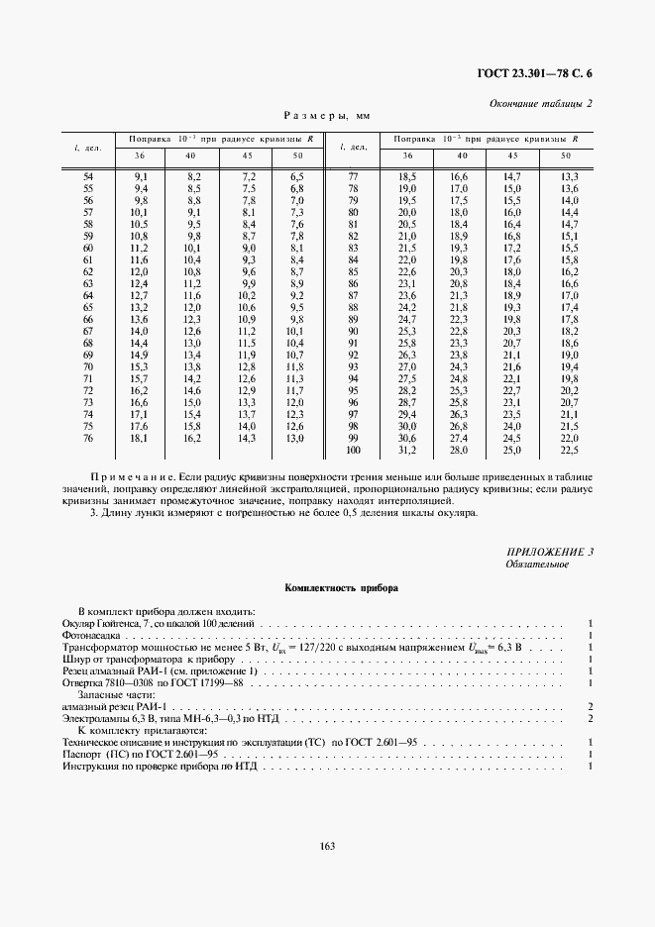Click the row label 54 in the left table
tap(87, 176)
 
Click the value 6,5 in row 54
tap(296, 176)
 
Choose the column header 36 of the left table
tap(140, 156)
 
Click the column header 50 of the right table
tap(566, 156)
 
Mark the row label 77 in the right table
tap(352, 176)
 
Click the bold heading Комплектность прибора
tap(326, 588)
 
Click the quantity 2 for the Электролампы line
tap(590, 718)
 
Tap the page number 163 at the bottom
tap(327, 845)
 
